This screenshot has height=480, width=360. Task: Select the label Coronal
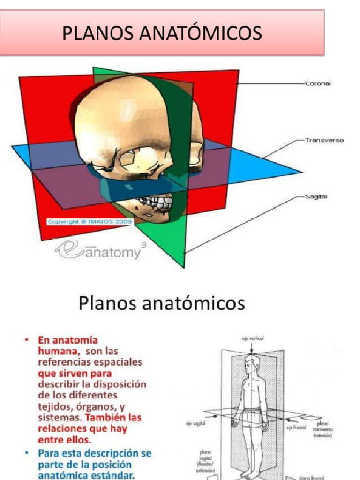(318, 83)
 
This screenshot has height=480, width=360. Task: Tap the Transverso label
(324, 140)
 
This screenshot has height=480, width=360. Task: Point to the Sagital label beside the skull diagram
(316, 197)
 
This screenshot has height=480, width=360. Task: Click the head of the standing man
(251, 364)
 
